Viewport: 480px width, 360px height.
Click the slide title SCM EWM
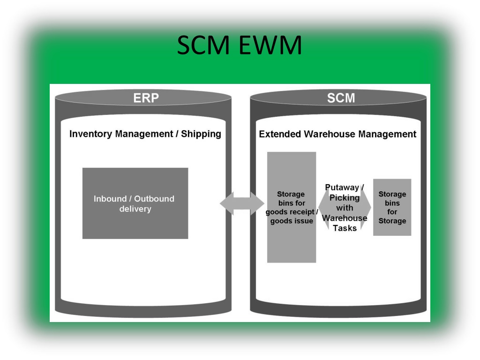tap(240, 45)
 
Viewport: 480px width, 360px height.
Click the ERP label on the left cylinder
tap(146, 98)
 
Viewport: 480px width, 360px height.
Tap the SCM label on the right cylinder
tap(341, 98)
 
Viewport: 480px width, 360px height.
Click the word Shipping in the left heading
tap(201, 134)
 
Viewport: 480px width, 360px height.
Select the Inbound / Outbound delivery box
tap(135, 203)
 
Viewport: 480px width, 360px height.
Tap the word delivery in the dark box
tap(135, 209)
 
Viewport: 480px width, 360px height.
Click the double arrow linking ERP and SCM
tap(242, 203)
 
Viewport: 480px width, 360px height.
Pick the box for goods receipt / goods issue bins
tap(292, 207)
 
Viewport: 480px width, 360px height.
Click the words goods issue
tap(292, 221)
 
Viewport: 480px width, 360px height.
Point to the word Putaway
tap(342, 187)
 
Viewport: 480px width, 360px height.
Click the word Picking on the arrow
tap(345, 197)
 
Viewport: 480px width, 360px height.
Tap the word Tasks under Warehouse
tap(345, 228)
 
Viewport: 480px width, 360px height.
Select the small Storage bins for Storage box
tap(392, 207)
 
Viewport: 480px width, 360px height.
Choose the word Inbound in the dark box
tap(110, 199)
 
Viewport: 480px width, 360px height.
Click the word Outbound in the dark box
tap(154, 199)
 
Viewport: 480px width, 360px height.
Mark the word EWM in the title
tap(270, 45)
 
